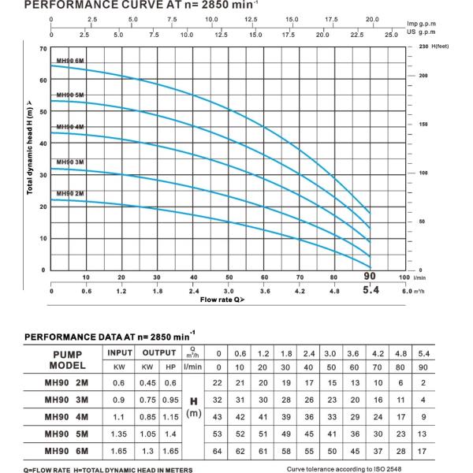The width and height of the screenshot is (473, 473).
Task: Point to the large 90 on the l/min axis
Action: tap(369, 277)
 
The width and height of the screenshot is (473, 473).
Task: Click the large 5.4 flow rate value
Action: tap(369, 290)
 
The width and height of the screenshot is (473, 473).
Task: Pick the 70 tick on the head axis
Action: tap(41, 49)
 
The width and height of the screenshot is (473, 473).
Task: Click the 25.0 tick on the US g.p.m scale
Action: tap(391, 35)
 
